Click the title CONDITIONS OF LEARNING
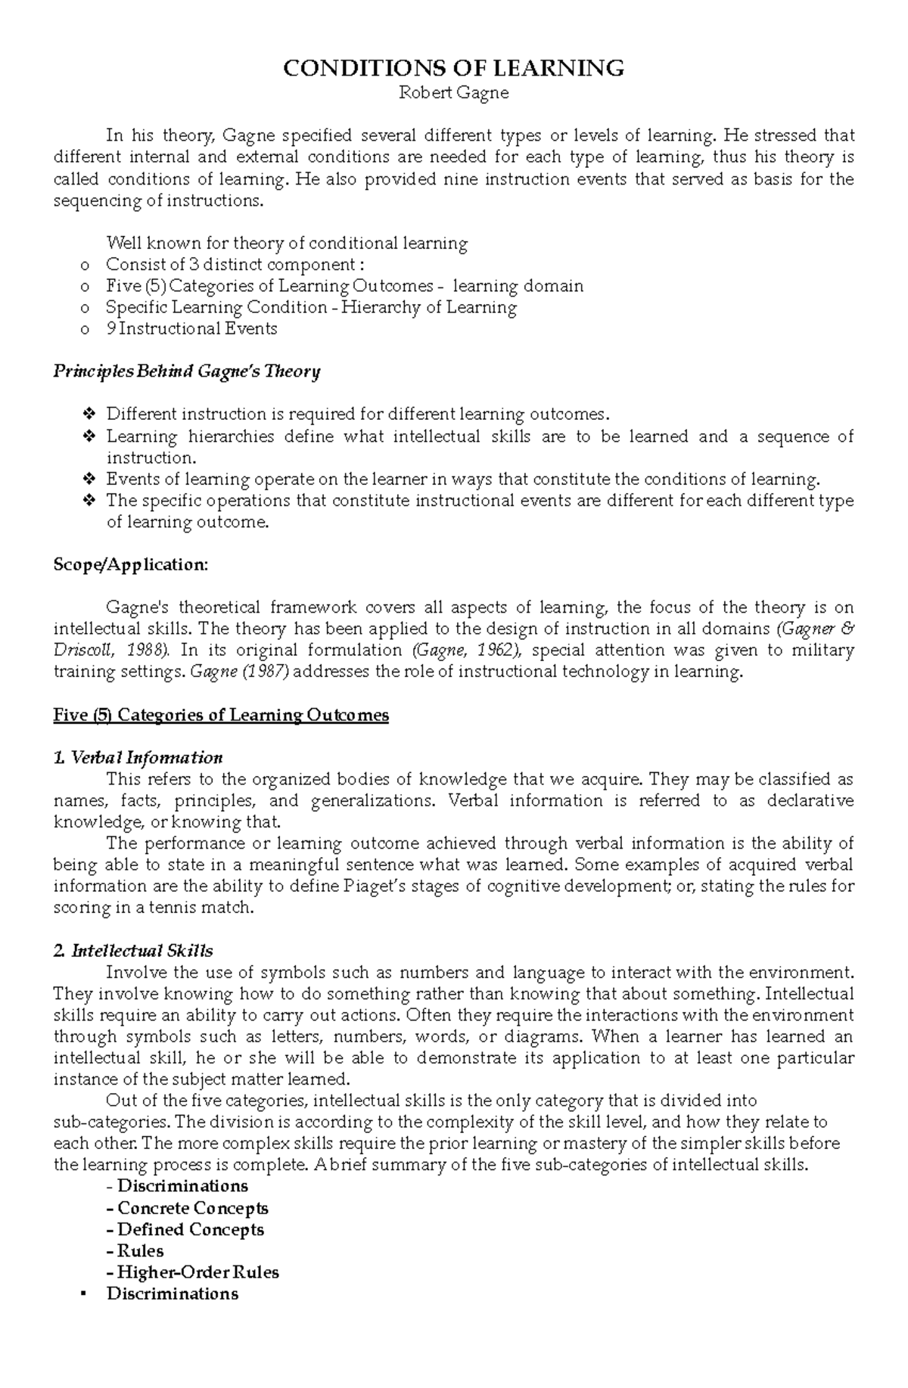453,69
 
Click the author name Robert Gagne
453,93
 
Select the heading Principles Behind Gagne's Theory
187,371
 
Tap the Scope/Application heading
130,565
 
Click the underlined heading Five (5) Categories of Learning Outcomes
221,716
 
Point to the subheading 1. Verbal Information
138,758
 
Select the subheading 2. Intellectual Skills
134,951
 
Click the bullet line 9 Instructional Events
191,329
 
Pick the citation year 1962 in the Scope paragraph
505,651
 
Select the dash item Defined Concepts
190,1230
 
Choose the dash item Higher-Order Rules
197,1272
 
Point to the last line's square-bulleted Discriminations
173,1294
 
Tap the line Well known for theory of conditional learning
287,244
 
